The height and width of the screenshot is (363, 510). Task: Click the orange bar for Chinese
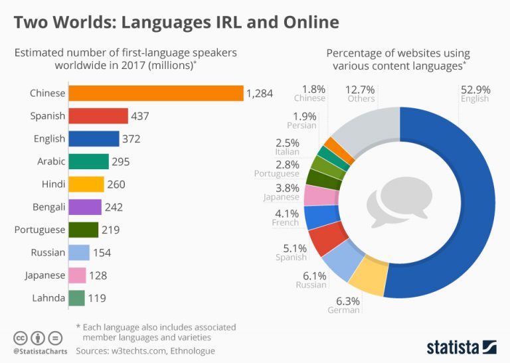156,93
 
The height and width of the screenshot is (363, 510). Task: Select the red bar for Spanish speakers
98,116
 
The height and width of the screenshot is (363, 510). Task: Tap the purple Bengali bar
85,207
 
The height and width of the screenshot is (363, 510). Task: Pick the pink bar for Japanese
78,275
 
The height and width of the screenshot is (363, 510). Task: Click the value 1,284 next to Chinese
260,94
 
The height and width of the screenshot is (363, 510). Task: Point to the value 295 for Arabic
120,162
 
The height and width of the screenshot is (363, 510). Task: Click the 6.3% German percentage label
344,301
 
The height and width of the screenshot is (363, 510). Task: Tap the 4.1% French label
286,214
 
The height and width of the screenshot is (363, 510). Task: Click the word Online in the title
306,23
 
